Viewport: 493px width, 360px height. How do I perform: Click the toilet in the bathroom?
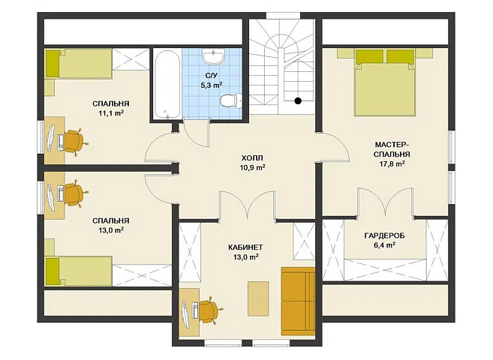231,100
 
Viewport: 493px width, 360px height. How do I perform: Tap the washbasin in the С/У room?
214,56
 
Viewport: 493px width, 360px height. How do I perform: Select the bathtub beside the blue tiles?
167,84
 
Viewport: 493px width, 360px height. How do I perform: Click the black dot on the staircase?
298,100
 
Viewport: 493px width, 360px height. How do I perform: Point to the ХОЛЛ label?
252,157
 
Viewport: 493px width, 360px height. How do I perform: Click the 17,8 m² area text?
392,164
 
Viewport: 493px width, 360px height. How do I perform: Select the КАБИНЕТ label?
245,247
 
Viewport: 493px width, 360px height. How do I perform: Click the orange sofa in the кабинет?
298,301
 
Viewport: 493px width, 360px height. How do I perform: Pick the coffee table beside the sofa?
258,298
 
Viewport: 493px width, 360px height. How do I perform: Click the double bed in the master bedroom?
385,82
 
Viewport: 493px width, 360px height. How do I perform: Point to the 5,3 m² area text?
212,85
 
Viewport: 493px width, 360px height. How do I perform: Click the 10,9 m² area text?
252,167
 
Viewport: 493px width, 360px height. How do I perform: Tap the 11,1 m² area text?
110,113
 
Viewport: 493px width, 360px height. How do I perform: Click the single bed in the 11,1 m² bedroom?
79,63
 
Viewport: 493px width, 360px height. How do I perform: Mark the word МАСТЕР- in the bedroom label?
392,145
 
